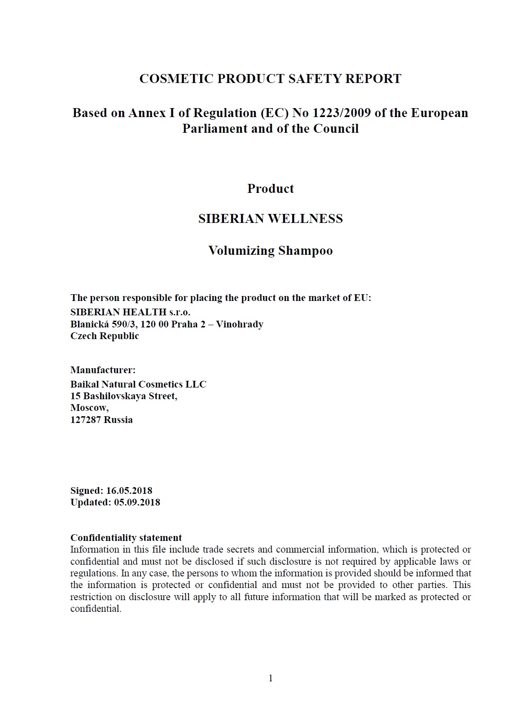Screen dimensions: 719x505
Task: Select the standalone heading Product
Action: tap(270, 188)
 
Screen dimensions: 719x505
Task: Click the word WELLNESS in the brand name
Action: tap(305, 218)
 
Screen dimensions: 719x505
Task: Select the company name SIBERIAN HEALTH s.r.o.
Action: tap(130, 312)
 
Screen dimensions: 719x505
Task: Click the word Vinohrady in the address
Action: tap(239, 324)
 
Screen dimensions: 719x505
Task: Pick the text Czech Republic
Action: tap(105, 336)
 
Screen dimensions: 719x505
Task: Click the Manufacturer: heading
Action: tap(103, 370)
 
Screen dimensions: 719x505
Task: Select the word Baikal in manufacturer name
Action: tap(84, 384)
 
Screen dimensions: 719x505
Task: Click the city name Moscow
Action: tap(89, 408)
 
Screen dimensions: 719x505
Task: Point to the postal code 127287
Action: tap(86, 420)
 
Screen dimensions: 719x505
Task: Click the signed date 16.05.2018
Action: tap(129, 491)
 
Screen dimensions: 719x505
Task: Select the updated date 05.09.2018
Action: tap(137, 502)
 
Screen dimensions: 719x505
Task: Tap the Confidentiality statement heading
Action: tap(126, 538)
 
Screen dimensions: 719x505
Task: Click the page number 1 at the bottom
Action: tap(271, 678)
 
